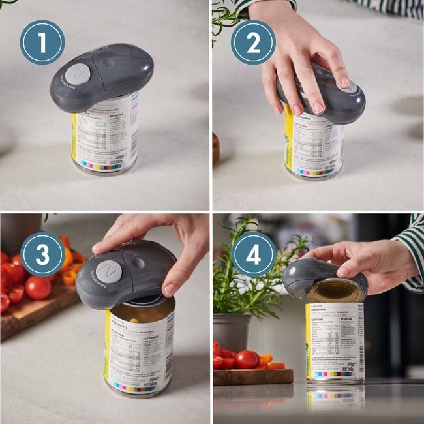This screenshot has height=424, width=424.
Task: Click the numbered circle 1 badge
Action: (42, 42)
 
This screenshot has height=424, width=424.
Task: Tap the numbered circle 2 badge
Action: (253, 42)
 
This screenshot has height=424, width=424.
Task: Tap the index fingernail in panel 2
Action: (344, 82)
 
